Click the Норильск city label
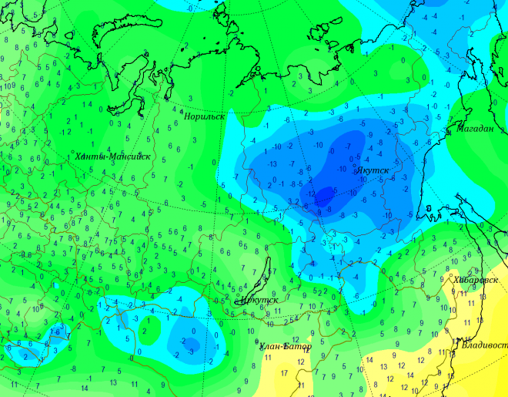click(x=205, y=116)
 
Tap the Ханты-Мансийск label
click(x=112, y=156)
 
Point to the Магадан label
click(x=476, y=129)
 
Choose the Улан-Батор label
click(x=286, y=347)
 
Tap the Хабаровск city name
click(x=476, y=280)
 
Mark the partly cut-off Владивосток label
click(x=485, y=344)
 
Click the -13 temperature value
click(x=272, y=163)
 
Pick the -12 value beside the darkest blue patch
click(x=311, y=194)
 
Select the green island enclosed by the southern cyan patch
click(x=154, y=330)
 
